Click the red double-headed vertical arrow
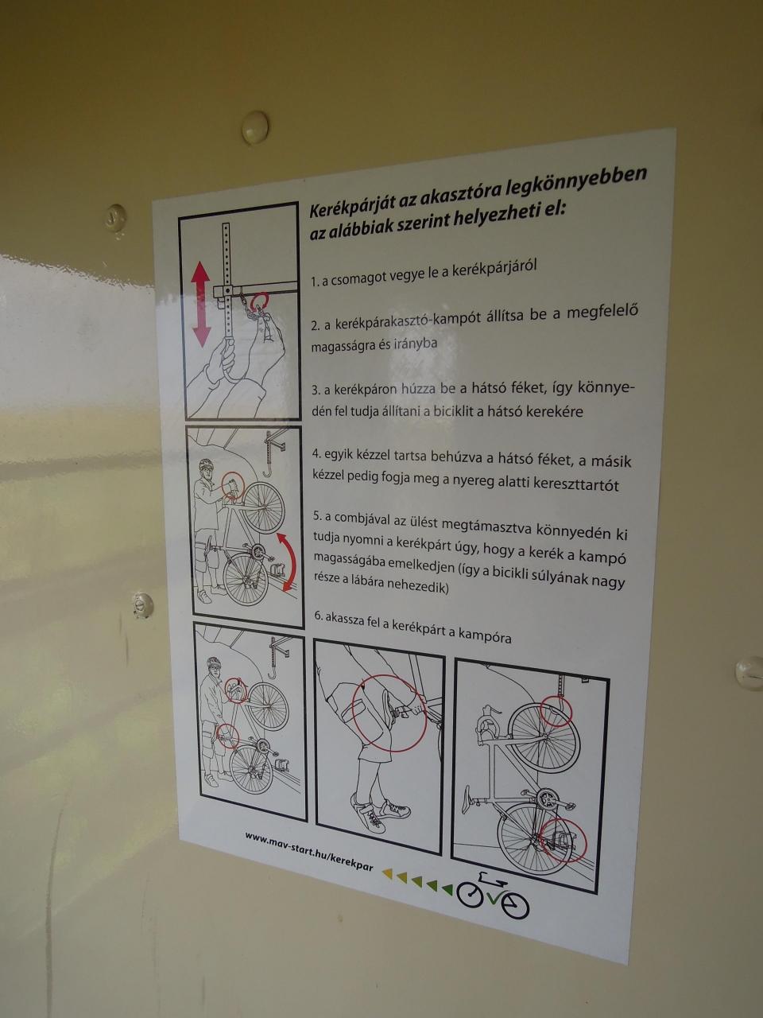(x=200, y=305)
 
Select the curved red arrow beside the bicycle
(x=287, y=561)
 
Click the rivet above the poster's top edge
(x=255, y=126)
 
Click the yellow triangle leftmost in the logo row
(x=387, y=873)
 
